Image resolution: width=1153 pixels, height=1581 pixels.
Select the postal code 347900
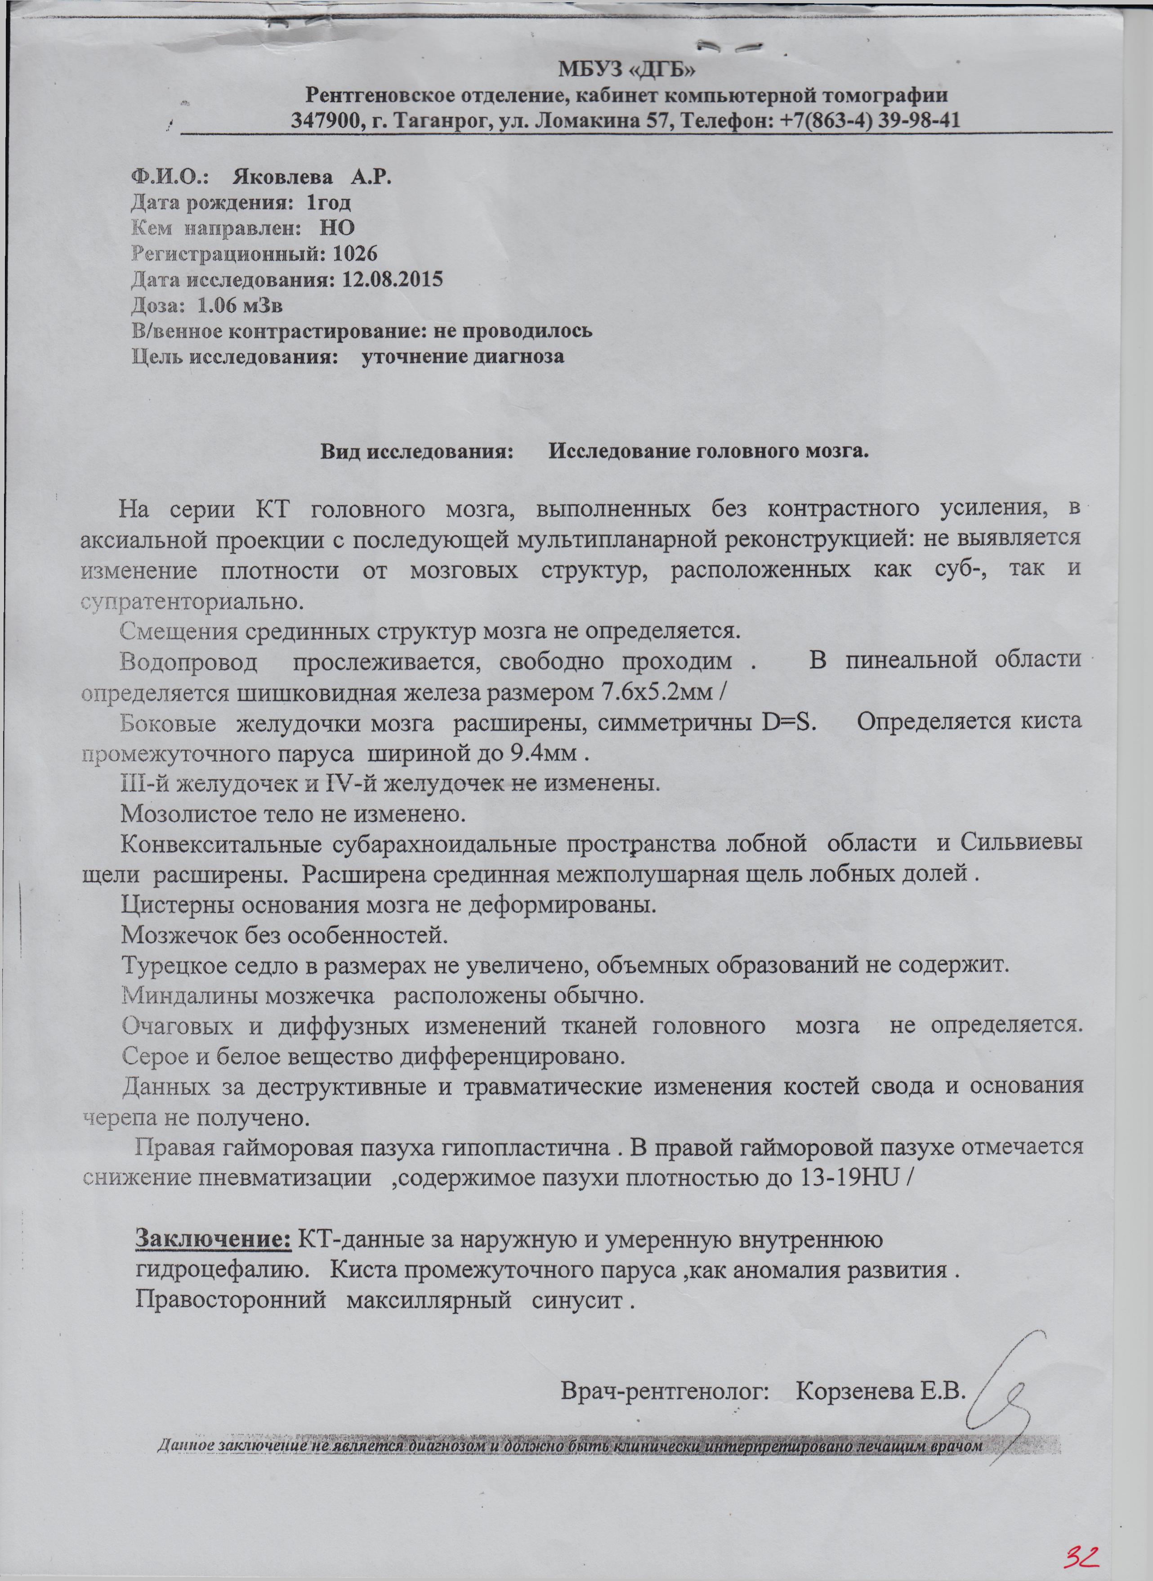(x=326, y=120)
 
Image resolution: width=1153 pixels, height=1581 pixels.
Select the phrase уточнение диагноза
(x=463, y=356)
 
